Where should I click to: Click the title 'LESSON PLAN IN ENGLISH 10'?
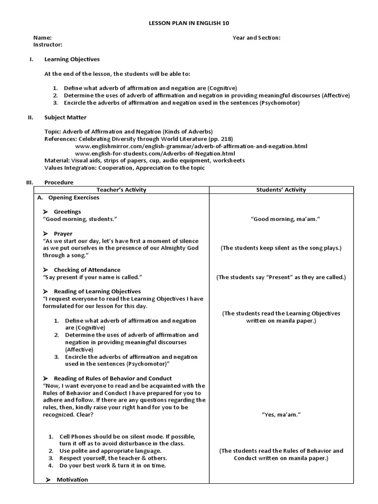click(x=189, y=23)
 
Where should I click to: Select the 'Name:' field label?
click(x=42, y=37)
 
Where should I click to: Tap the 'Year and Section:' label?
click(x=256, y=37)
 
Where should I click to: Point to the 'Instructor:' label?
click(x=48, y=44)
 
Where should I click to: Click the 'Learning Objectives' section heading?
click(x=72, y=59)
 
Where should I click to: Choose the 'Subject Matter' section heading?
click(x=65, y=118)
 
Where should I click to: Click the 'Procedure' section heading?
click(x=59, y=182)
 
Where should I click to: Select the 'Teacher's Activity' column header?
click(x=121, y=189)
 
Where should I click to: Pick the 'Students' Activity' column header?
click(x=281, y=189)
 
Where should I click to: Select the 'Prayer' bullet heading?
click(x=63, y=233)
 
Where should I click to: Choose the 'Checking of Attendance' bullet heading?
click(x=87, y=270)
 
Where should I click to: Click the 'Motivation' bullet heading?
click(x=72, y=479)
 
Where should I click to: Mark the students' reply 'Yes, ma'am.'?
click(x=281, y=414)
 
